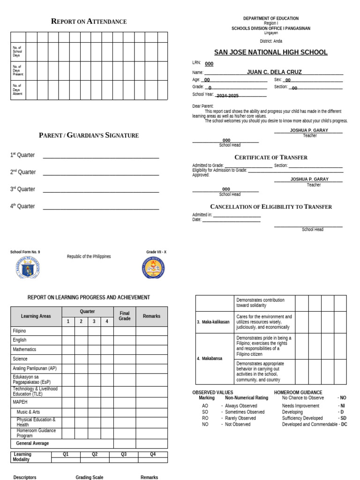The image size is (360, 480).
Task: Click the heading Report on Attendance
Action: pyautogui.click(x=89, y=22)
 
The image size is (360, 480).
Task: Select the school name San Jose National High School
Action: pyautogui.click(x=271, y=52)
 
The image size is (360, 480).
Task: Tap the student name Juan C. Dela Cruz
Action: pyautogui.click(x=274, y=72)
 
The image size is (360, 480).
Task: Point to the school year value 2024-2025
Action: pyautogui.click(x=227, y=96)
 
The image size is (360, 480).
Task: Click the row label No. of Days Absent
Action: pyautogui.click(x=18, y=90)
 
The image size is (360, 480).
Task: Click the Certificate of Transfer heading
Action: pyautogui.click(x=271, y=157)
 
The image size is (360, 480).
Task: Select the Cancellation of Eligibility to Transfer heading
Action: pyautogui.click(x=271, y=207)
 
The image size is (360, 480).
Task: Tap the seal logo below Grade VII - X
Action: pyautogui.click(x=153, y=268)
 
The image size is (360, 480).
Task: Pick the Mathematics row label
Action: pyautogui.click(x=24, y=349)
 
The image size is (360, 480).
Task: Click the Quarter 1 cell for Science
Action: pyautogui.click(x=68, y=359)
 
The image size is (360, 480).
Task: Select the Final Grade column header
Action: pyautogui.click(x=124, y=316)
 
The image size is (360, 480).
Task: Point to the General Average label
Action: pyautogui.click(x=32, y=443)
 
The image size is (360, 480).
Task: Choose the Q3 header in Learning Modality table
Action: pyautogui.click(x=124, y=454)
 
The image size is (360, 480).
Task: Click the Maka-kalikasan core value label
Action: pyautogui.click(x=213, y=322)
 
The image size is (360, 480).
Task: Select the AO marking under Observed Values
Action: pyautogui.click(x=205, y=406)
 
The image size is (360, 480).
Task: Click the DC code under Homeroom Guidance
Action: pyautogui.click(x=344, y=424)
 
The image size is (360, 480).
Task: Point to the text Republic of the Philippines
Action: pyautogui.click(x=89, y=256)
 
